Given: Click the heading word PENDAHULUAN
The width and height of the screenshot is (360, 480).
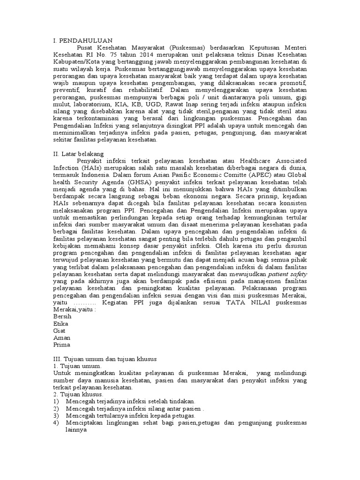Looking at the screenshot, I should click(x=86, y=41).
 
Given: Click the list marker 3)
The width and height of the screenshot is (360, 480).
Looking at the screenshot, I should click(x=56, y=416).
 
